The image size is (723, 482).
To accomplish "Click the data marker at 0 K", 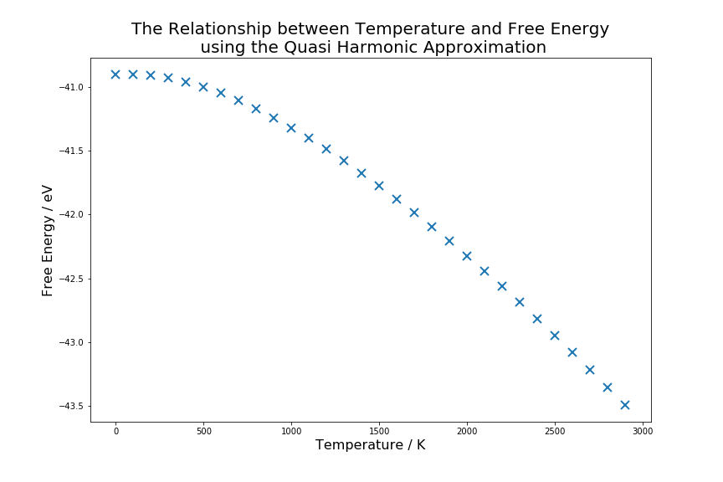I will [115, 74].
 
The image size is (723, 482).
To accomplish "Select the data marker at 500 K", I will [203, 87].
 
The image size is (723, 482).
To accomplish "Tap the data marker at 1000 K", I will [291, 128].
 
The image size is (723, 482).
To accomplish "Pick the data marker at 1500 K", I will [379, 186].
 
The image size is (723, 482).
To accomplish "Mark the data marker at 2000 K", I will [467, 256].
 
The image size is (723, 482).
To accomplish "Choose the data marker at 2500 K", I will [555, 336].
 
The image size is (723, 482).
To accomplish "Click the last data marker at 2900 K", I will [625, 405].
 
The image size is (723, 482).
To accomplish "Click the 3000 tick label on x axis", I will [643, 431].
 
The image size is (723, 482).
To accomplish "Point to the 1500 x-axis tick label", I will [379, 431].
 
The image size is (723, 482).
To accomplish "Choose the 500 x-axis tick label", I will [203, 431].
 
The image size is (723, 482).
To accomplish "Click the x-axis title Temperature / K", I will [370, 445].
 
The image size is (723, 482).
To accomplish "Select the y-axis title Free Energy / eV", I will [48, 240].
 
